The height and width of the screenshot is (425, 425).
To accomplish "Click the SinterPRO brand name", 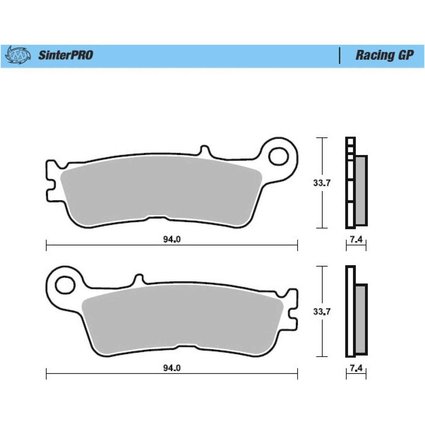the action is tap(66, 55).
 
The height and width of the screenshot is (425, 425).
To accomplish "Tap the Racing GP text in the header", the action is tap(384, 55).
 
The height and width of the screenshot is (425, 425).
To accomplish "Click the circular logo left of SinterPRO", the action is tap(18, 55).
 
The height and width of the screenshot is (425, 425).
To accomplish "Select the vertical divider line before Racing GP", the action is tap(339, 56).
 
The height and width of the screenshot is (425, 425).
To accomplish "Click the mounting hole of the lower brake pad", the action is tap(65, 285).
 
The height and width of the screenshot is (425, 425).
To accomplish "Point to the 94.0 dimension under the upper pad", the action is tap(172, 239).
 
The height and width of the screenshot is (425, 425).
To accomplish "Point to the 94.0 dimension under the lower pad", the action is tap(172, 368).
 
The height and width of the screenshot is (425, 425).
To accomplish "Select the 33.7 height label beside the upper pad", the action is tap(322, 183).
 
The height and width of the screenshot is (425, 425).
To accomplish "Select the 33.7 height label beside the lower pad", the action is tap(322, 312).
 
